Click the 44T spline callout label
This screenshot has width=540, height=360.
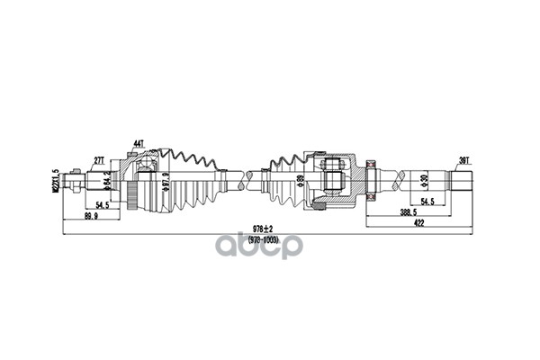(x=139, y=143)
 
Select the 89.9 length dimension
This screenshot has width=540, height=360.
(x=91, y=217)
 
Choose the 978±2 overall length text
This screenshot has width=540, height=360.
(x=265, y=229)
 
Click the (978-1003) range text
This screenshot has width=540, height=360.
(x=265, y=239)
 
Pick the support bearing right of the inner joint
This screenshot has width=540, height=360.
(x=369, y=178)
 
